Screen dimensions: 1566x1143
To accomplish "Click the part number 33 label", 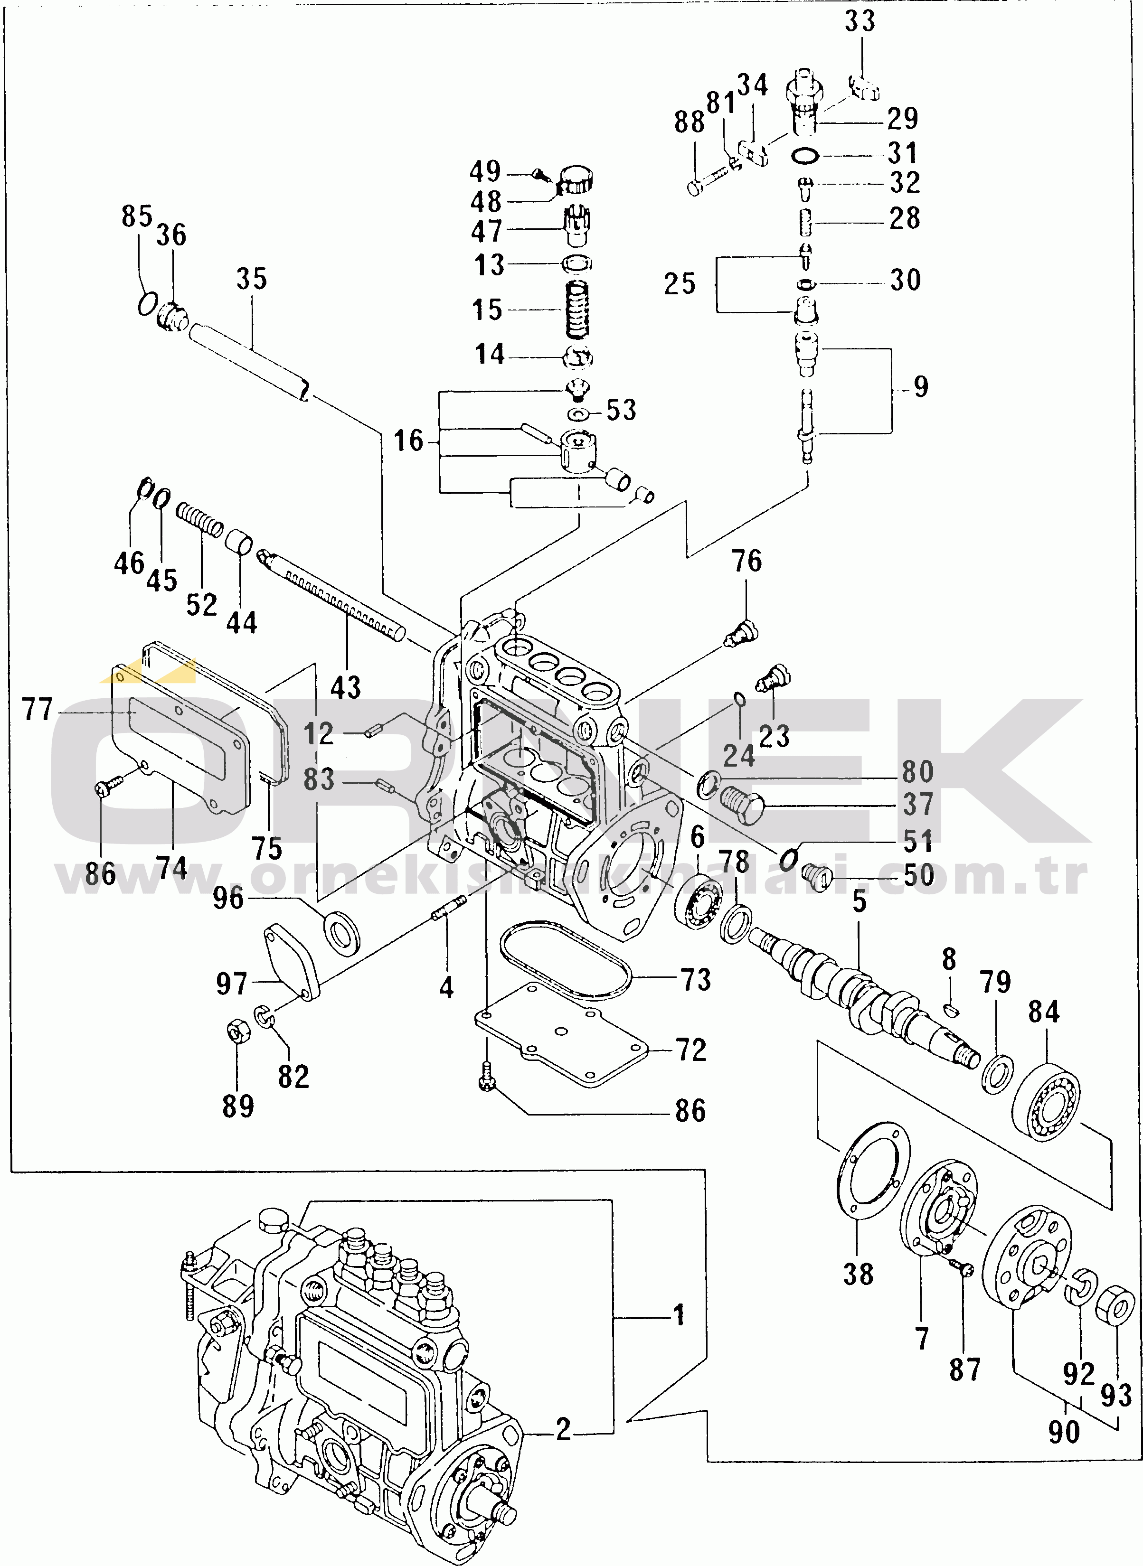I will (x=860, y=21).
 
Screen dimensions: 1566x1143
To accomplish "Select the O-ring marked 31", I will (x=805, y=156).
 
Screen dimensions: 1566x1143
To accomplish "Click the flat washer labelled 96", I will (x=342, y=932).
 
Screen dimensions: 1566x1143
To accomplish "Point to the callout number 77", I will (x=38, y=710).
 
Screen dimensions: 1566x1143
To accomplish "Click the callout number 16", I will (x=408, y=441).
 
